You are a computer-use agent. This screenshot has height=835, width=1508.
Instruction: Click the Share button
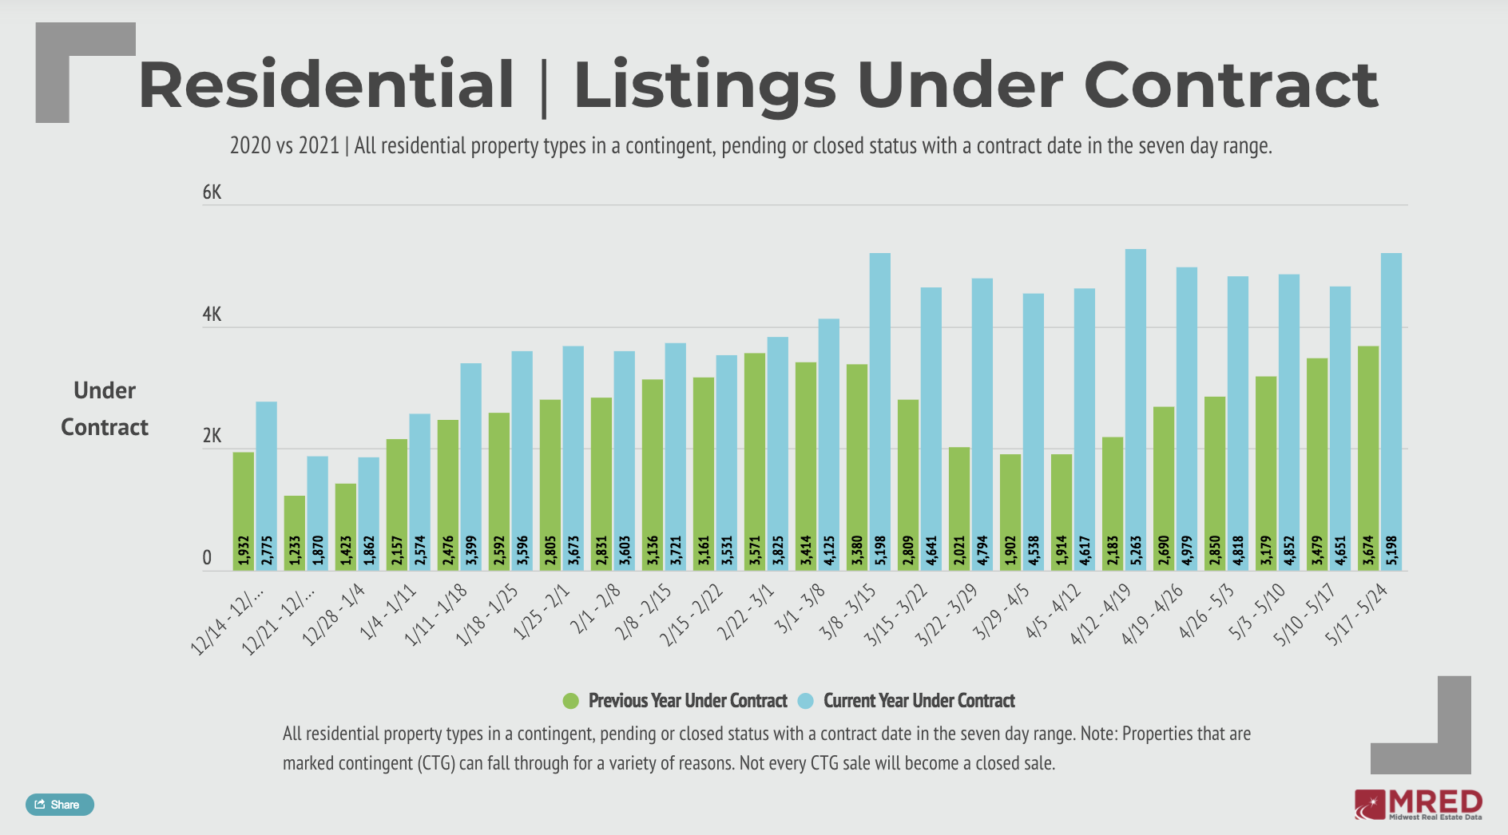coord(60,805)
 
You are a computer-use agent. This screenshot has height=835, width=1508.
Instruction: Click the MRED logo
coord(1419,805)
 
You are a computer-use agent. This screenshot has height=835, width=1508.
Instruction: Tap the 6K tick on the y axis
coord(212,192)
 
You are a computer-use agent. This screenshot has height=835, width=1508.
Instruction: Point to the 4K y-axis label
coord(212,315)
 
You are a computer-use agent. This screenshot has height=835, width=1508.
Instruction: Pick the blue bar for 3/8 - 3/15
coord(880,411)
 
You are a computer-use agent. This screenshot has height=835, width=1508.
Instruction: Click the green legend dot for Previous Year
coord(570,701)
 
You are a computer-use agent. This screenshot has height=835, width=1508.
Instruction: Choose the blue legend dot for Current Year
coord(806,701)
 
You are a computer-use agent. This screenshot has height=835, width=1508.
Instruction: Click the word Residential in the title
coord(326,85)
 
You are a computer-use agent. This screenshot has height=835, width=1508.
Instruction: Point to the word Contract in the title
coord(1230,85)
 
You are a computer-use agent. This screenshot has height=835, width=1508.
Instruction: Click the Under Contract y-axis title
coord(105,409)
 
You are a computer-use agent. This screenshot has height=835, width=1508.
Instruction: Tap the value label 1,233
coord(295,551)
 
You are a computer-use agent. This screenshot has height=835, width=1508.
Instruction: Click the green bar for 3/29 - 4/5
coord(1010,512)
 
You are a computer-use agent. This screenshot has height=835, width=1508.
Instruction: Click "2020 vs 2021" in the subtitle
coord(284,146)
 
